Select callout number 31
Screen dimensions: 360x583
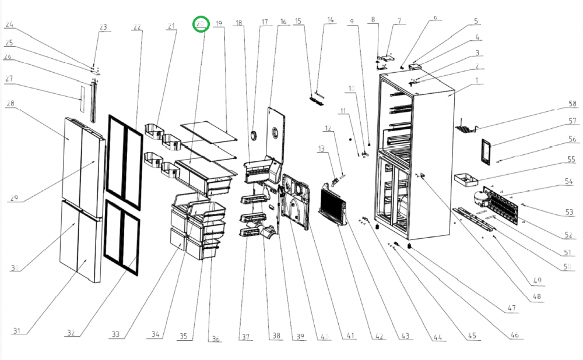tap(17, 331)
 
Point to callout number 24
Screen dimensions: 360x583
tap(9, 25)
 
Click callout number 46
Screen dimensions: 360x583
tap(515, 335)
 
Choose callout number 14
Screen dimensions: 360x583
tap(331, 20)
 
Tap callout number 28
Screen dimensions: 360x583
tap(10, 104)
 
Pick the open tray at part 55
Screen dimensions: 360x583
tap(466, 177)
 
